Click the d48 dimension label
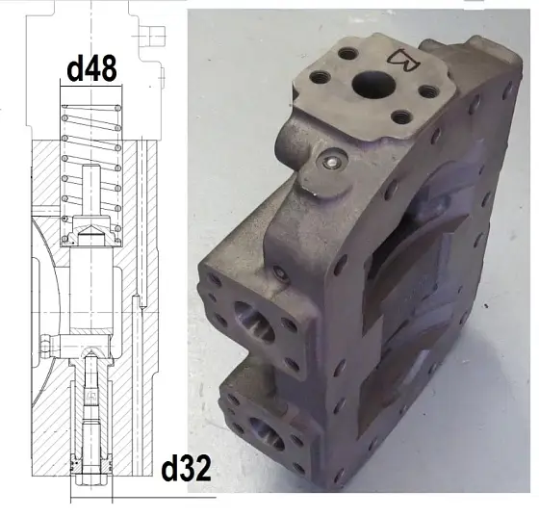coord(92,68)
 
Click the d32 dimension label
coord(186,469)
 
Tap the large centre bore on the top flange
coord(373,85)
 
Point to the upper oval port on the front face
coord(254,321)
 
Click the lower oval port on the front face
coord(267,434)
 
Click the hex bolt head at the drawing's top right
coord(152,36)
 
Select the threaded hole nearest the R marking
coord(428,91)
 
